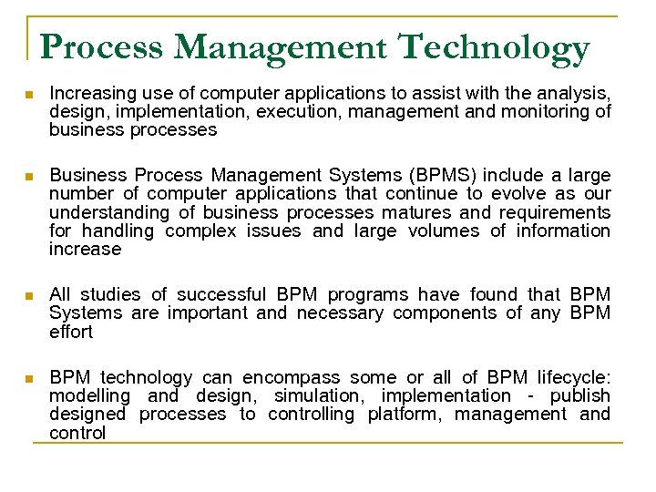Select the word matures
pyautogui.click(x=415, y=212)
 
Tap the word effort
pyautogui.click(x=71, y=332)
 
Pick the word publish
pyautogui.click(x=579, y=395)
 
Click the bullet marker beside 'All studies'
pyautogui.click(x=29, y=295)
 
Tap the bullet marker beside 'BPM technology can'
pyautogui.click(x=29, y=378)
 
